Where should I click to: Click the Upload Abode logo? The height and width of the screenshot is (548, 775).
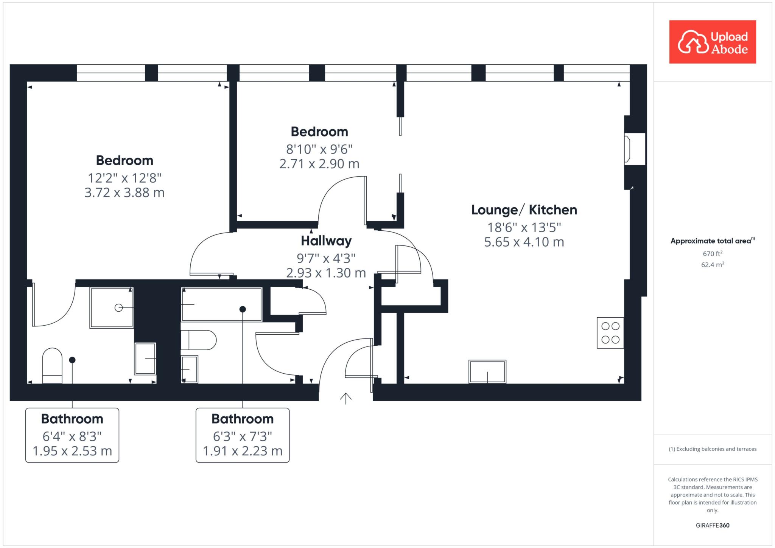tap(713, 42)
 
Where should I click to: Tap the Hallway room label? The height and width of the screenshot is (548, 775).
tap(326, 241)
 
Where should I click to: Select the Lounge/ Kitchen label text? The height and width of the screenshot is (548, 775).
tap(524, 210)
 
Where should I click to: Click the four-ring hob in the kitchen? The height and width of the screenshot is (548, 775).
tap(610, 332)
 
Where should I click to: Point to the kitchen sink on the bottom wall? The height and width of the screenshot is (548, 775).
tap(487, 371)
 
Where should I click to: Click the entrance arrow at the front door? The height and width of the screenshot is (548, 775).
tap(345, 399)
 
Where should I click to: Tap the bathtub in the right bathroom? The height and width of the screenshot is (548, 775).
tap(222, 304)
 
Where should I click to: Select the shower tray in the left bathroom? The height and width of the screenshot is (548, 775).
tap(112, 307)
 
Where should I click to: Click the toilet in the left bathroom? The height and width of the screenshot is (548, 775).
tap(52, 366)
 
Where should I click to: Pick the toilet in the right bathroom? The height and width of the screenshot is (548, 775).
tap(198, 340)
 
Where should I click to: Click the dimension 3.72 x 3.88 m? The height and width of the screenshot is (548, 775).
tap(124, 193)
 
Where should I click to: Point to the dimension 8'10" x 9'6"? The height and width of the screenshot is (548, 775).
tap(319, 149)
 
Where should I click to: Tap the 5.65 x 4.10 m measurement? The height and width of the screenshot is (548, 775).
tap(524, 242)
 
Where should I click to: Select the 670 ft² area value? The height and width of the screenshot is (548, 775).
tap(713, 253)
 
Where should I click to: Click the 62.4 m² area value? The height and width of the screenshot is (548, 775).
tap(713, 264)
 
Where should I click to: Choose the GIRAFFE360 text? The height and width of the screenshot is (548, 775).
tap(713, 525)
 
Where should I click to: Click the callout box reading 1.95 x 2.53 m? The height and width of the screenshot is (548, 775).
tap(72, 435)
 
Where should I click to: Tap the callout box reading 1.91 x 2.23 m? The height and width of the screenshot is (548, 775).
tap(243, 435)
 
